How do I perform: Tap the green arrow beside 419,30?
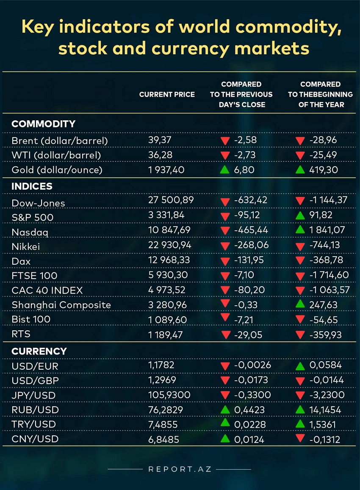[300, 169]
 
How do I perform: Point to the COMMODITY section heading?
[43, 124]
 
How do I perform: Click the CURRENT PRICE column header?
[167, 94]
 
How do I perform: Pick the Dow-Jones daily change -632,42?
[253, 200]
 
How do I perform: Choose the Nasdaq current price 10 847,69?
[169, 230]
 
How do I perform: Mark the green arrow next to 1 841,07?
[300, 230]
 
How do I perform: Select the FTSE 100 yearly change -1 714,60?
[329, 275]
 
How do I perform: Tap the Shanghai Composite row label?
[61, 305]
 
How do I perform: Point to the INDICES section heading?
[32, 186]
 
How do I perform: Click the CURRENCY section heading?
[39, 351]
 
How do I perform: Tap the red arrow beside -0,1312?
[300, 439]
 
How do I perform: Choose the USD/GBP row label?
[35, 380]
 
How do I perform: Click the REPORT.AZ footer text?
[180, 469]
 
